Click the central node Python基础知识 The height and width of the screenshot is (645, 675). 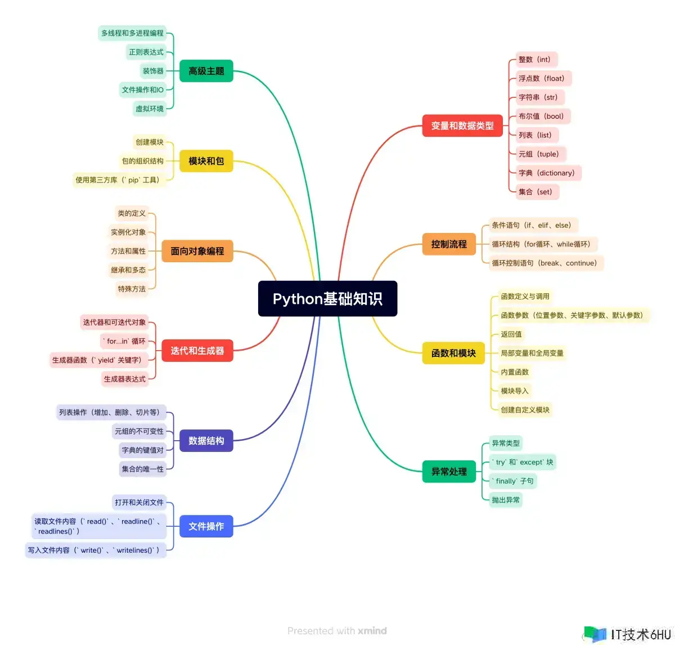click(327, 298)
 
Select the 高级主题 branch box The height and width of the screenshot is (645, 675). click(206, 71)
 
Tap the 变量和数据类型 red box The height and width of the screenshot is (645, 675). click(462, 126)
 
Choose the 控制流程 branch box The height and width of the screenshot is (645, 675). click(448, 244)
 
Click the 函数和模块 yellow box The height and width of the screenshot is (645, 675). click(453, 353)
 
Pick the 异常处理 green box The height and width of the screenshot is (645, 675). click(448, 471)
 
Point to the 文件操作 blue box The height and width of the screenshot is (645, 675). click(206, 526)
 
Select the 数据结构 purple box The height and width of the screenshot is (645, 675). click(206, 440)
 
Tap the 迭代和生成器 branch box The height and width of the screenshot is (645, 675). click(197, 350)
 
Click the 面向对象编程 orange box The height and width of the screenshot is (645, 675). click(197, 250)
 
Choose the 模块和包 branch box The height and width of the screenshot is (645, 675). click(206, 161)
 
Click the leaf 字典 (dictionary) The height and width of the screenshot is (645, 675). click(548, 173)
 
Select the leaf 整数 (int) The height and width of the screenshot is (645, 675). click(536, 59)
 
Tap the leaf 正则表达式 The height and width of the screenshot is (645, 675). click(146, 52)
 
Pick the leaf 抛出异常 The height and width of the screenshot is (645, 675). click(505, 500)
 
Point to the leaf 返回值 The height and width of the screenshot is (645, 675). click(511, 334)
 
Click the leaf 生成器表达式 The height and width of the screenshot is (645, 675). click(124, 379)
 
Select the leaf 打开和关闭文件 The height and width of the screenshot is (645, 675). click(139, 502)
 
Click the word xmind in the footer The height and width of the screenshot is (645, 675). click(372, 630)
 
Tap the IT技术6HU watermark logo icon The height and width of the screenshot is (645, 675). click(595, 634)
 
